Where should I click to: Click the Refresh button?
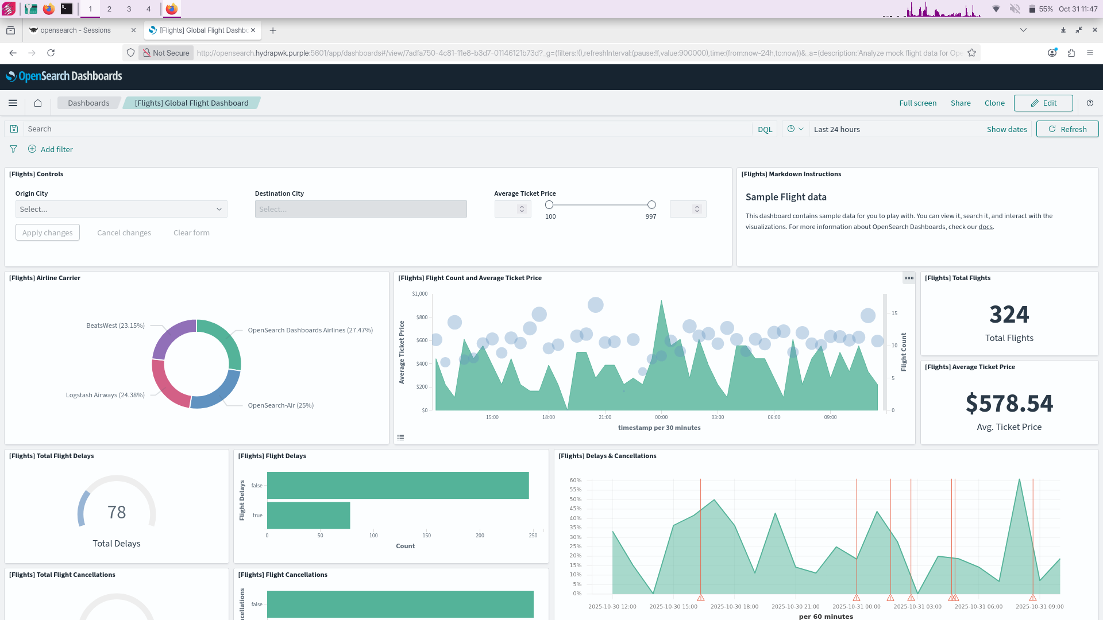click(x=1067, y=129)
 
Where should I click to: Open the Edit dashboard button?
click(x=1043, y=103)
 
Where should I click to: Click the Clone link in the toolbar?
click(x=994, y=103)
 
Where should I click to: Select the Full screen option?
click(x=917, y=103)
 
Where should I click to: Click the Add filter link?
click(x=56, y=149)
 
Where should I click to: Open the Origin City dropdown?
click(x=121, y=209)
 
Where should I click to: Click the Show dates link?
click(x=1006, y=129)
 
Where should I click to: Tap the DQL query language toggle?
click(x=765, y=129)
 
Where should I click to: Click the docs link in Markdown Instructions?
click(x=985, y=227)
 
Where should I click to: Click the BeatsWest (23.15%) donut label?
click(x=115, y=325)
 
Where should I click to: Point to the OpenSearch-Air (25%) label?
click(x=281, y=405)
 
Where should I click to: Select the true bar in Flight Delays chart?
click(x=308, y=516)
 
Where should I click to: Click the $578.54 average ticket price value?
click(x=1009, y=404)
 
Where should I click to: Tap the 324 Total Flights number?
click(x=1009, y=315)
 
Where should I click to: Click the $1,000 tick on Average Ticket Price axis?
click(x=420, y=294)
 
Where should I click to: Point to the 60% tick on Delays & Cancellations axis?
click(x=575, y=480)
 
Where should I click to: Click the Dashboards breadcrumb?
click(x=88, y=103)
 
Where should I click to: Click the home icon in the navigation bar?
click(x=38, y=103)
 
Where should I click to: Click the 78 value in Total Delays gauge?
click(x=117, y=512)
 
